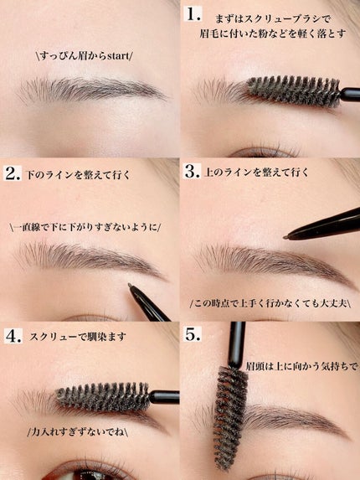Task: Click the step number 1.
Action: click(193, 13)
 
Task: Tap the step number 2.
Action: click(13, 173)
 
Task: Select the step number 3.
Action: click(193, 172)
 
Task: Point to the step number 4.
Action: click(13, 336)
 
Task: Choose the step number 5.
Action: click(193, 334)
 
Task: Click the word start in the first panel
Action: click(118, 56)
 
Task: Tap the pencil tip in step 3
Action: click(285, 237)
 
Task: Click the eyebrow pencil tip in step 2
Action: click(130, 286)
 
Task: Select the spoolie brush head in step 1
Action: click(294, 91)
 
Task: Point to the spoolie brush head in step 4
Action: click(103, 397)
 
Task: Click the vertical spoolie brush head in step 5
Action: click(230, 416)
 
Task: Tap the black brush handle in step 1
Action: click(350, 95)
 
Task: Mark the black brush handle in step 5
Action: click(237, 344)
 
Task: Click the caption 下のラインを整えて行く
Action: click(78, 175)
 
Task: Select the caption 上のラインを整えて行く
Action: click(256, 173)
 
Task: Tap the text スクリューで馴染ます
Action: click(78, 337)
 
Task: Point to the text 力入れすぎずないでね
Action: click(77, 432)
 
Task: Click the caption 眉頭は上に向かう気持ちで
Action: click(301, 366)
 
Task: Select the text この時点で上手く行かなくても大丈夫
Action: click(270, 303)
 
